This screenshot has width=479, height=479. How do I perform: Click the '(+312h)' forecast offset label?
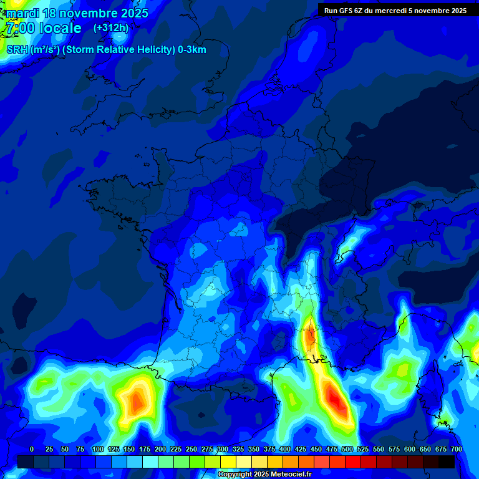click(x=110, y=27)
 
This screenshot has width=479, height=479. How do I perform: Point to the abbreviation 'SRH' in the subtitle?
click(x=17, y=50)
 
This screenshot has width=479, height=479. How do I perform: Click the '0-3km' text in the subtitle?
click(x=192, y=50)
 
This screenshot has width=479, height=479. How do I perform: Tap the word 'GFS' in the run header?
click(x=354, y=11)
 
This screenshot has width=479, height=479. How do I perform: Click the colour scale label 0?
click(x=32, y=449)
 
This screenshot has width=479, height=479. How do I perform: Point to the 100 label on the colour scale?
click(x=98, y=449)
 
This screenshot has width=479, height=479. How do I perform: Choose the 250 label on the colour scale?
click(x=191, y=449)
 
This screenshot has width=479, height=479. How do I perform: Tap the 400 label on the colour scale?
click(x=285, y=449)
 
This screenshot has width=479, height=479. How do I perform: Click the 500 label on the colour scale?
click(x=347, y=449)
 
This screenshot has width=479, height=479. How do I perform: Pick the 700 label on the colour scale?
click(x=457, y=449)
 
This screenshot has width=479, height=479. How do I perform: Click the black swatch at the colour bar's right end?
click(x=447, y=462)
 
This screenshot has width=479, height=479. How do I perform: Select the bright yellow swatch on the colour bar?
click(x=228, y=462)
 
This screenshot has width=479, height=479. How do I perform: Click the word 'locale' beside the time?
click(x=60, y=28)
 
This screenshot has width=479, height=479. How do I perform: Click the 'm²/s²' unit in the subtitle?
click(x=45, y=50)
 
